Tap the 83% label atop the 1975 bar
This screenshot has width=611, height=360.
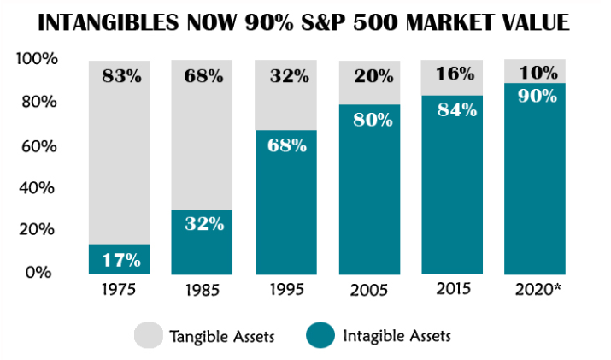[x=120, y=76]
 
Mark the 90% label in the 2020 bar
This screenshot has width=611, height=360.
[x=536, y=96]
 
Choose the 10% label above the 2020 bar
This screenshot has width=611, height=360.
[x=536, y=72]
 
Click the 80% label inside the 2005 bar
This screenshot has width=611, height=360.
[x=369, y=119]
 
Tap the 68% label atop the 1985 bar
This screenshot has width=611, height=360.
[x=203, y=76]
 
